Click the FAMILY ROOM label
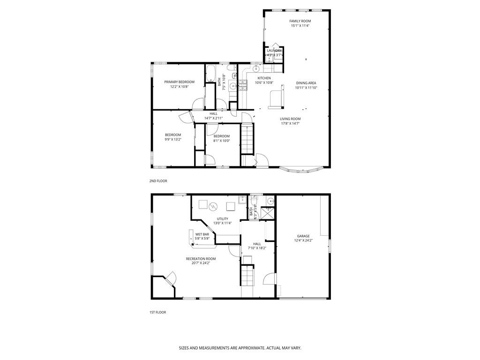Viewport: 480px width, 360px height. tap(300, 21)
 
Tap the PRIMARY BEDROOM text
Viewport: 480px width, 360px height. tap(179, 82)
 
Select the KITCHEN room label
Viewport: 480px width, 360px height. tap(263, 78)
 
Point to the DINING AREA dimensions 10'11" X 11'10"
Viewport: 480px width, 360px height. tap(306, 88)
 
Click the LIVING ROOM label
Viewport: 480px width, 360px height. tap(290, 119)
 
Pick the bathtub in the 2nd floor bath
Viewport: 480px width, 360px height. tap(210, 74)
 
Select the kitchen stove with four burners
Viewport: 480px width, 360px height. tap(242, 85)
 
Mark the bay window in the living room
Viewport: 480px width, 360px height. tap(301, 169)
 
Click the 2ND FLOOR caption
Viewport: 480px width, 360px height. tap(158, 181)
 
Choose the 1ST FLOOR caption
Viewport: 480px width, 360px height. tap(158, 312)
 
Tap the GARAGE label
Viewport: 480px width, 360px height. tap(303, 236)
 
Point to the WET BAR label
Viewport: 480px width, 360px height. tap(202, 234)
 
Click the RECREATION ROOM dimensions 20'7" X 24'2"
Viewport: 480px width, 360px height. tap(201, 263)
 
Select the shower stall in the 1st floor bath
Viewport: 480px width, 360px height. tap(269, 213)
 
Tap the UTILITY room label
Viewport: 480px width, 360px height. tap(223, 219)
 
